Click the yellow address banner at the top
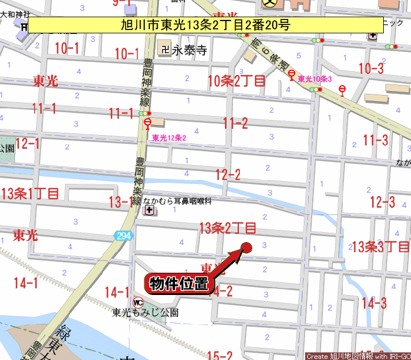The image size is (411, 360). pos(205,24)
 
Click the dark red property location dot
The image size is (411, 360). pos(247,247)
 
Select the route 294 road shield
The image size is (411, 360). pos(124,236)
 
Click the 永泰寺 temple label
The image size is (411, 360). pos(189,51)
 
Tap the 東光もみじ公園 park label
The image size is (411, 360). pos(145,313)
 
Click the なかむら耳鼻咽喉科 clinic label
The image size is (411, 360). pos(177,201)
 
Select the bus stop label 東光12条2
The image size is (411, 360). pos(169,138)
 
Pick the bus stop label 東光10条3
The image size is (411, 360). pos(315,79)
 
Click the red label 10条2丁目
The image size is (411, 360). pos(237,81)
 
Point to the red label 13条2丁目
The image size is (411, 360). pos(228,228)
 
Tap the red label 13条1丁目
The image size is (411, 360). pos(30,194)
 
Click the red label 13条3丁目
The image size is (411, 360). pos(381,246)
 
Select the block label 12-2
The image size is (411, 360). pos(228,175)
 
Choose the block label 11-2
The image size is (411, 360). pos(235,123)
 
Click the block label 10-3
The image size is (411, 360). pos(371,69)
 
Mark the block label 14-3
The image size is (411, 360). pos(374,303)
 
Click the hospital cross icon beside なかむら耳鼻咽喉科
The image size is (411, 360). pos(149,210)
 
